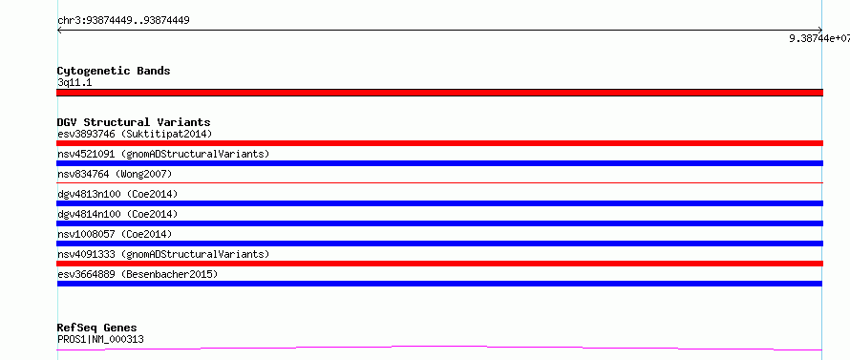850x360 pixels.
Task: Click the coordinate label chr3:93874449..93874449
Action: tap(123, 21)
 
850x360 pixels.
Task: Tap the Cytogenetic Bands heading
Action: tap(114, 71)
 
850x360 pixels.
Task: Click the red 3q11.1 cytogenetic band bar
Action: tap(439, 93)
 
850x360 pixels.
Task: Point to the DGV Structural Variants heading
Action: tap(134, 122)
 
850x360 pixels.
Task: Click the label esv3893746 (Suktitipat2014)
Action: tap(135, 134)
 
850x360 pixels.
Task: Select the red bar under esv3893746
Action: tap(439, 143)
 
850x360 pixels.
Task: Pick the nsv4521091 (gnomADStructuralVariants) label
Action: tap(163, 154)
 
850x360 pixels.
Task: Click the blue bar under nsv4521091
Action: tap(439, 163)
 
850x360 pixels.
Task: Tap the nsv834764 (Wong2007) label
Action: tap(115, 174)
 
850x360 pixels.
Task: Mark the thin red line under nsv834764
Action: tap(439, 183)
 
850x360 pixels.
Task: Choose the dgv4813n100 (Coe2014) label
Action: tap(117, 194)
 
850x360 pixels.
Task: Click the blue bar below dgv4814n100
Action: tap(439, 223)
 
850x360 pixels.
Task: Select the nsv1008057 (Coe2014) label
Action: tap(115, 234)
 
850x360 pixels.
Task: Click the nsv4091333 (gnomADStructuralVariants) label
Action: tap(163, 254)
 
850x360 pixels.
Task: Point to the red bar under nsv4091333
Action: tap(439, 264)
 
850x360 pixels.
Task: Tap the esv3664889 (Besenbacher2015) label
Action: tap(138, 274)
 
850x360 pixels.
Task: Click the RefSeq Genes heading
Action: tap(97, 328)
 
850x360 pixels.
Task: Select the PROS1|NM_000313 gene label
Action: tap(100, 339)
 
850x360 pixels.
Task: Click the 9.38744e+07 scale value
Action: tap(819, 38)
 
